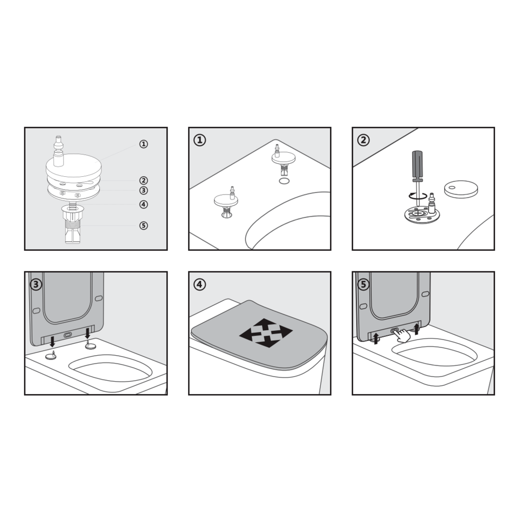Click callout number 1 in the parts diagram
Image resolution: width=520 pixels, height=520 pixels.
[x=144, y=144]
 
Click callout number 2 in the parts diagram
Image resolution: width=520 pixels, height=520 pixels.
[x=144, y=180]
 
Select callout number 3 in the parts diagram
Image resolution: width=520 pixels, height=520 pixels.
[x=144, y=190]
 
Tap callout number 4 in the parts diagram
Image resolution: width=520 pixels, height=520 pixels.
[x=144, y=204]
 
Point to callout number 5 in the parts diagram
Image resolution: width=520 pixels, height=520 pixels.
[x=144, y=226]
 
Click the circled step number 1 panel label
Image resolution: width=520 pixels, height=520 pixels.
[x=200, y=140]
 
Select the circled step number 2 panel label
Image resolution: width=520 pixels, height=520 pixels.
[x=363, y=140]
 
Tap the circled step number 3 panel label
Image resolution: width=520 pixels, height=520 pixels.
[x=36, y=284]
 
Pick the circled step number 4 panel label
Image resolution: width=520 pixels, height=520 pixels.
[x=200, y=284]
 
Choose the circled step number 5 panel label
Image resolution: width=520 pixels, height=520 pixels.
[x=363, y=284]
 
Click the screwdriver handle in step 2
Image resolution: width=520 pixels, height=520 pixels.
[x=417, y=166]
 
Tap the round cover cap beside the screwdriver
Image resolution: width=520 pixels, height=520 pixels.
[x=461, y=189]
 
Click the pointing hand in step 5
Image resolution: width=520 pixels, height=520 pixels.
[x=402, y=335]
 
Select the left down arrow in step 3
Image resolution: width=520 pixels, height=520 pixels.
[x=52, y=341]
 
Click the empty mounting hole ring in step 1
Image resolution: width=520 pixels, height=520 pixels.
[x=283, y=181]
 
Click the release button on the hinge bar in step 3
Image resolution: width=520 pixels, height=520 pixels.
[x=68, y=335]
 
